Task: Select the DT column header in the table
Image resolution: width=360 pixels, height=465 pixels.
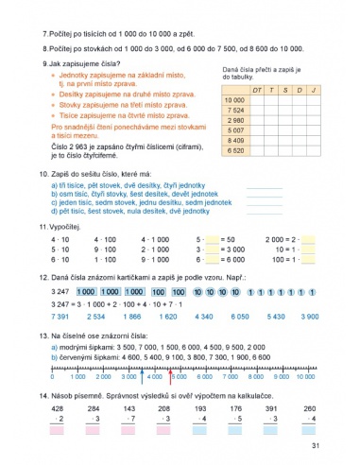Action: [257, 89]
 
